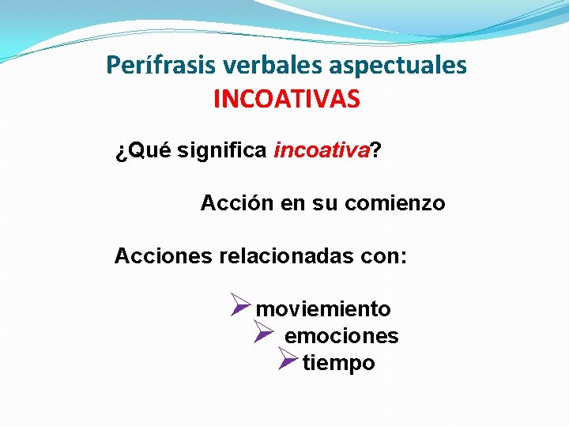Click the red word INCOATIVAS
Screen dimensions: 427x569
(286, 99)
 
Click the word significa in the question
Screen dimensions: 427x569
(222, 151)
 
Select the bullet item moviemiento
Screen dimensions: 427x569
(324, 308)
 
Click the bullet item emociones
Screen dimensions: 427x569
(341, 336)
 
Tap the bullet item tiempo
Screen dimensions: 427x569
(339, 363)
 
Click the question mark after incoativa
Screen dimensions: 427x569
(374, 151)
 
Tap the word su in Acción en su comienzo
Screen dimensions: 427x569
(325, 203)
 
